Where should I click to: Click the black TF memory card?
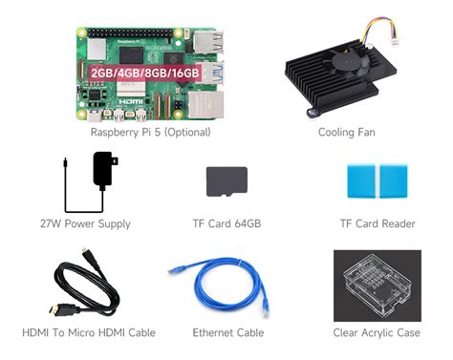tap(226, 181)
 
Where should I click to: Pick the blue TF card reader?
tap(377, 181)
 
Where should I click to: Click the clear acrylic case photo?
tap(377, 286)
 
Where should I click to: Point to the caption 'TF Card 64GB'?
tap(226, 224)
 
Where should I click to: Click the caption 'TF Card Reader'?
tap(377, 224)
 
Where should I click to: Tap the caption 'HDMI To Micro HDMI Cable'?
tap(88, 333)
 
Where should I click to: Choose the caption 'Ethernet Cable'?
tap(227, 333)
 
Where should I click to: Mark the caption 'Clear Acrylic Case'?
tap(377, 333)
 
